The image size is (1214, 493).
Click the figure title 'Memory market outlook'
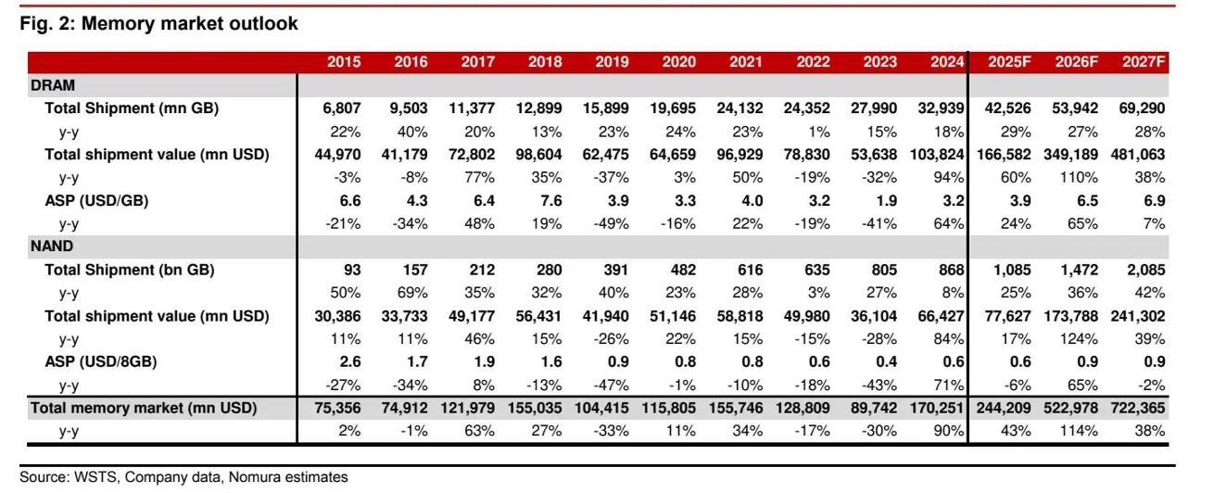158,24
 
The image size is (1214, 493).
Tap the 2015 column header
344,62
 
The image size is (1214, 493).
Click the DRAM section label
48,84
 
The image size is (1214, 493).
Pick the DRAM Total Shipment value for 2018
543,108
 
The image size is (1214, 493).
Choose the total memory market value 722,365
1136,408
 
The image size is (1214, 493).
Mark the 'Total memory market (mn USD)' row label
143,408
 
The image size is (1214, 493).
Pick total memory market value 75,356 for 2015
336,408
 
